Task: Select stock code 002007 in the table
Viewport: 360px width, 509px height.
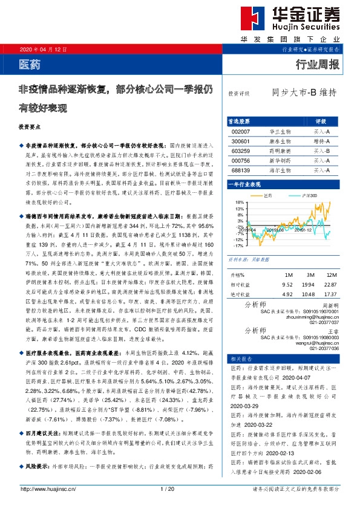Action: click(240, 131)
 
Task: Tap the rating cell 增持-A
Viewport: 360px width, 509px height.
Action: click(321, 141)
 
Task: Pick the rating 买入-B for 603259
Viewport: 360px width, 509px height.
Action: click(321, 151)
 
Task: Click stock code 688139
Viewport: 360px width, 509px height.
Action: click(240, 171)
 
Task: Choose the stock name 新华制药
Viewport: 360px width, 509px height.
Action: click(280, 161)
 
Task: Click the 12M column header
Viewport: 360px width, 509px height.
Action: click(330, 274)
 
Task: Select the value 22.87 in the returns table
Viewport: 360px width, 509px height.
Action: click(330, 284)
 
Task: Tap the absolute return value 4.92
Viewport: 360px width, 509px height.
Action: click(287, 294)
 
